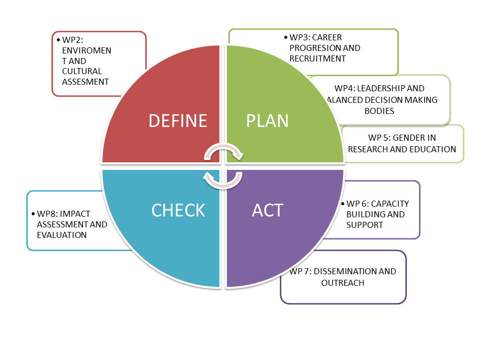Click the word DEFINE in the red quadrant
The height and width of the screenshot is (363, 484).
point(178,121)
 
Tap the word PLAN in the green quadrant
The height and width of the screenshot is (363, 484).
point(267,121)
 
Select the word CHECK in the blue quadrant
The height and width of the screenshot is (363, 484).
point(178,210)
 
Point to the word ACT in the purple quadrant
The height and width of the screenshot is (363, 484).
point(268,210)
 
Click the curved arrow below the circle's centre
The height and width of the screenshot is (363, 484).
point(222,180)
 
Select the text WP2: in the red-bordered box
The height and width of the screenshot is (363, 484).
point(72,40)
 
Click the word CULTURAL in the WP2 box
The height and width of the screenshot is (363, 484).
point(82,71)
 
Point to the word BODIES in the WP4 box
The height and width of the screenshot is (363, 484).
point(379,110)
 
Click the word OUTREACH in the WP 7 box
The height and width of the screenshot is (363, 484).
point(343,283)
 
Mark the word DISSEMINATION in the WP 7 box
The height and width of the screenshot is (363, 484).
point(341,271)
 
